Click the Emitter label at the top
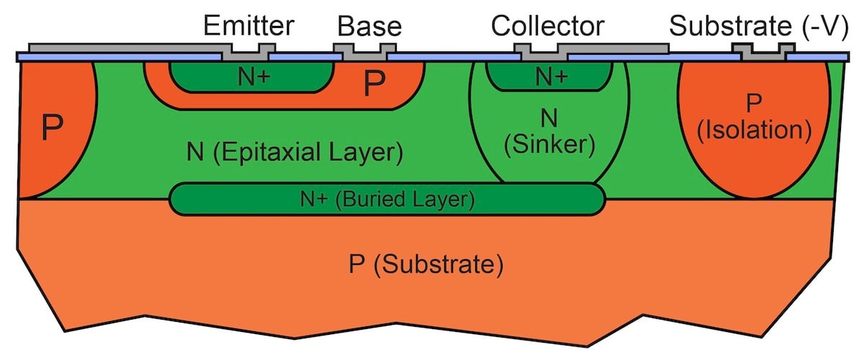248,27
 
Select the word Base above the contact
369,27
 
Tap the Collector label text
547,27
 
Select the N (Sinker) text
550,130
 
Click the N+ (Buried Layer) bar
387,199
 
